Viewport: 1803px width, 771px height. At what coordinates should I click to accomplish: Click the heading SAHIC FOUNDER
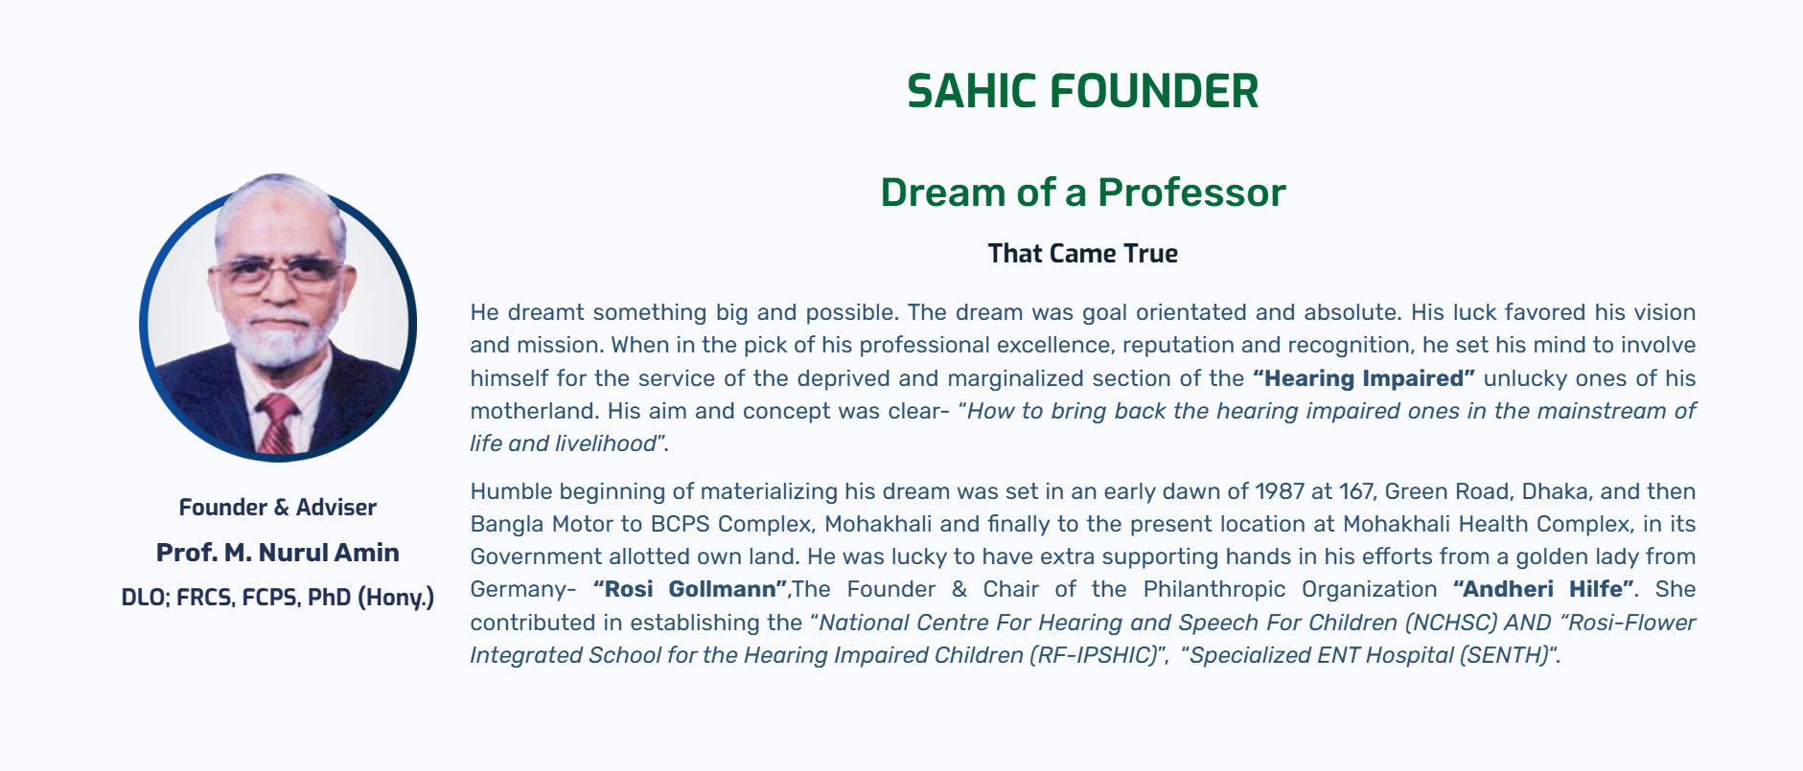(1082, 92)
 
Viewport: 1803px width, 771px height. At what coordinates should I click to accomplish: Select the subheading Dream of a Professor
(1082, 193)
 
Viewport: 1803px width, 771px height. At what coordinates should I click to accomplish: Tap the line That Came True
(1082, 254)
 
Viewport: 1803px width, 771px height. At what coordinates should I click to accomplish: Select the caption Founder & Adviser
(278, 508)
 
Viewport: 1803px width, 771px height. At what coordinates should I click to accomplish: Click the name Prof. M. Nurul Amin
(278, 553)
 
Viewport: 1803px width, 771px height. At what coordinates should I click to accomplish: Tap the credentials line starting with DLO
(278, 598)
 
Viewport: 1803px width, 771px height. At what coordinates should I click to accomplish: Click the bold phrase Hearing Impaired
(1364, 378)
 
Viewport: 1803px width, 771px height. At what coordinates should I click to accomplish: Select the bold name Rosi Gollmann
(690, 589)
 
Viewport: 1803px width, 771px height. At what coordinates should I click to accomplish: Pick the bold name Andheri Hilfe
(1543, 589)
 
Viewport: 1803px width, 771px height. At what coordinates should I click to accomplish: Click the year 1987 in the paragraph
(1280, 491)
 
